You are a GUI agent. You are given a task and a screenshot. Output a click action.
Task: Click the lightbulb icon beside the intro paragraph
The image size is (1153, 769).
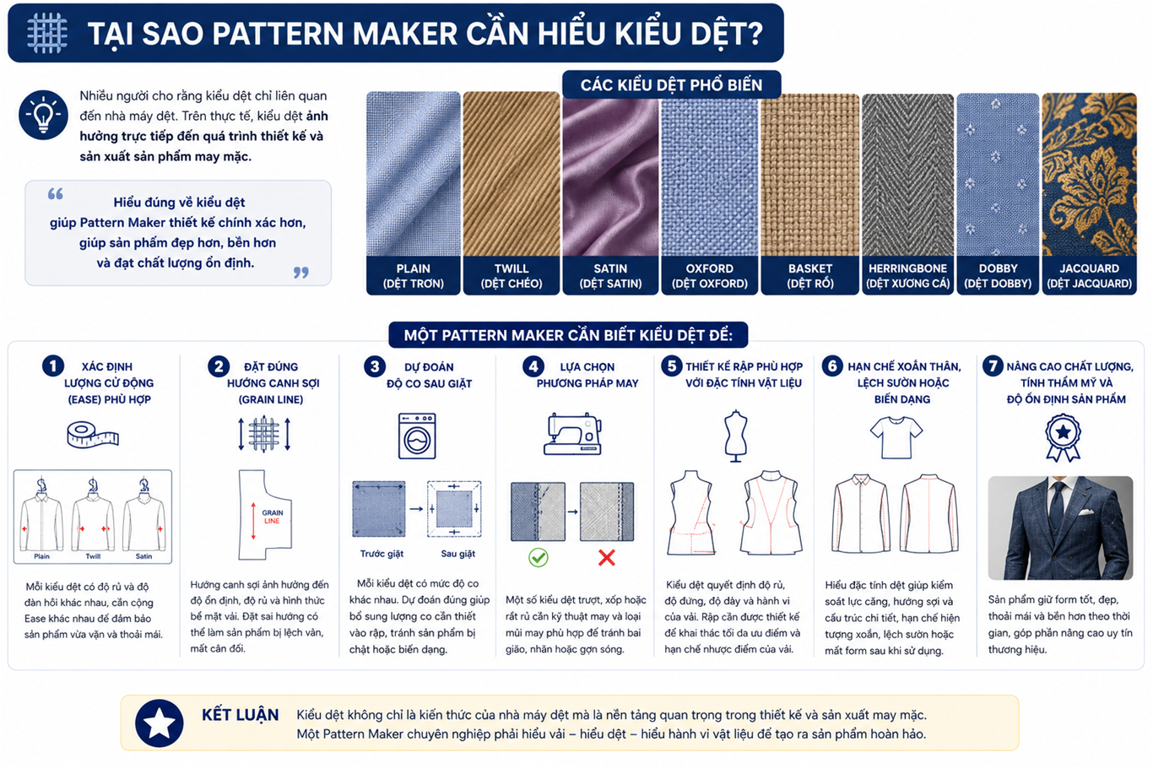pyautogui.click(x=43, y=115)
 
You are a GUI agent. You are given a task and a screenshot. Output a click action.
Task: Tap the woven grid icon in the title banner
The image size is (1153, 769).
pyautogui.click(x=46, y=33)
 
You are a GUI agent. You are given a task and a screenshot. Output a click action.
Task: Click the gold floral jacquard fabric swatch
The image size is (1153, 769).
pyautogui.click(x=1089, y=174)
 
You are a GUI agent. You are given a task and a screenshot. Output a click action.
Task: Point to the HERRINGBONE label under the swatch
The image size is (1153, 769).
pyautogui.click(x=907, y=268)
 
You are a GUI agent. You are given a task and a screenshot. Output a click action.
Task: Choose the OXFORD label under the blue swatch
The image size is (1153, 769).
pyautogui.click(x=709, y=268)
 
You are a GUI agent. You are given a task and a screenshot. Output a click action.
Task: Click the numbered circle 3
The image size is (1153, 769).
pyautogui.click(x=375, y=366)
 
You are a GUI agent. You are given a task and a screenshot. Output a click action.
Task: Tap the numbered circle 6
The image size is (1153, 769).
pyautogui.click(x=831, y=366)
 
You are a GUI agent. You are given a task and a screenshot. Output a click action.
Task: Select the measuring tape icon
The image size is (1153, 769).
pyautogui.click(x=93, y=435)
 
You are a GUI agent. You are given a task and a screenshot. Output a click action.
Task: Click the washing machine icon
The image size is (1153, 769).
pyautogui.click(x=417, y=436)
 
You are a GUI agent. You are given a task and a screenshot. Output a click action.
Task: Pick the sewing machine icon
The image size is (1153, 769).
pyautogui.click(x=572, y=433)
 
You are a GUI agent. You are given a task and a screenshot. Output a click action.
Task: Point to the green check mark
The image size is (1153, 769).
pyautogui.click(x=539, y=557)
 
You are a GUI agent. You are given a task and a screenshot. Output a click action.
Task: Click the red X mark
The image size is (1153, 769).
pyautogui.click(x=607, y=557)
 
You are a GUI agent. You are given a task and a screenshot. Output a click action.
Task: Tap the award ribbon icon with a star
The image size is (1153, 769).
pyautogui.click(x=1063, y=438)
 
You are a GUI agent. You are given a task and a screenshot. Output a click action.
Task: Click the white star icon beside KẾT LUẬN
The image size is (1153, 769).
pyautogui.click(x=159, y=723)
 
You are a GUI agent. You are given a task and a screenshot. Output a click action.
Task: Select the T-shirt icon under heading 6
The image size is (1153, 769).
pyautogui.click(x=896, y=437)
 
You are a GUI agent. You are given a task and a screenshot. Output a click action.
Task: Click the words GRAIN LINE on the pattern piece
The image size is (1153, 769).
pyautogui.click(x=273, y=517)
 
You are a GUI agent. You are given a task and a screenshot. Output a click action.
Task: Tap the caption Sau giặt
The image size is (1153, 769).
pyautogui.click(x=457, y=554)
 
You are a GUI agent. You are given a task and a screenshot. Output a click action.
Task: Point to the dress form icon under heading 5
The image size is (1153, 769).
pyautogui.click(x=735, y=436)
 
